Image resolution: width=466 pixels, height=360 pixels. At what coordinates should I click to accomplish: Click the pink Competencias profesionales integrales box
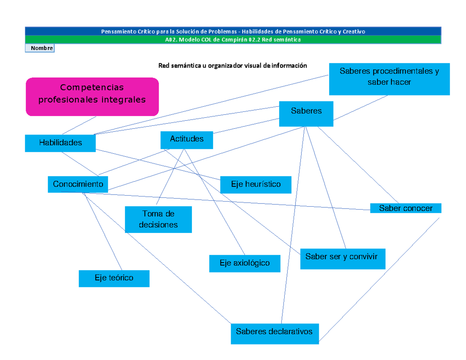tap(92, 97)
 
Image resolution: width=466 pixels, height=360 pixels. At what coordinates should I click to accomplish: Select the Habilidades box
tap(60, 143)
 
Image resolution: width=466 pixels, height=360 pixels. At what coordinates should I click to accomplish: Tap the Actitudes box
tap(187, 139)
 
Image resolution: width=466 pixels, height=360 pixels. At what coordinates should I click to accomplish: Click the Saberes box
tap(306, 113)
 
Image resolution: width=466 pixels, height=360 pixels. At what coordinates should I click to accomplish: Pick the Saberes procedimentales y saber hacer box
tap(389, 79)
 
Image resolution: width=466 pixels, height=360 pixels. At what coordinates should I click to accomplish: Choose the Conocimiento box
tap(78, 184)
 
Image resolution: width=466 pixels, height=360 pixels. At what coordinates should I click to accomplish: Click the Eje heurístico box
tap(256, 184)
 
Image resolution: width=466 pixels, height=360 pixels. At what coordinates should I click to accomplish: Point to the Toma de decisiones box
tap(158, 219)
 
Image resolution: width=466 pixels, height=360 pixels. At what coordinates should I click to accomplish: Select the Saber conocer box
tap(406, 208)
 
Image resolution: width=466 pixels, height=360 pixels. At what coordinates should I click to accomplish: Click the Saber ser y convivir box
tap(343, 259)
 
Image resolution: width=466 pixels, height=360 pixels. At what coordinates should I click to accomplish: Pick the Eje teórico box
tap(114, 278)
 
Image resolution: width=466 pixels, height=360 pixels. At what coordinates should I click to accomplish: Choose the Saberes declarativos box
tap(275, 333)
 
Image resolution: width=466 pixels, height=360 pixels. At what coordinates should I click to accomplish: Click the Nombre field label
tap(40, 48)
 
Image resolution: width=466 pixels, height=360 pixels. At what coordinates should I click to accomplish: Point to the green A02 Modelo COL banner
tap(233, 39)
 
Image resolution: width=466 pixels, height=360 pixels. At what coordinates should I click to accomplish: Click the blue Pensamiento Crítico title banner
tap(233, 31)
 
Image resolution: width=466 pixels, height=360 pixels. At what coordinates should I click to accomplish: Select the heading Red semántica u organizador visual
tap(232, 66)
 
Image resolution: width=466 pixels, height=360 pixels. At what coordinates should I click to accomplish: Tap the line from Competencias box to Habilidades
tap(79, 125)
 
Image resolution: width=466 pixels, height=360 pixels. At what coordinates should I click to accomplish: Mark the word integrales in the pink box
tap(124, 100)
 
